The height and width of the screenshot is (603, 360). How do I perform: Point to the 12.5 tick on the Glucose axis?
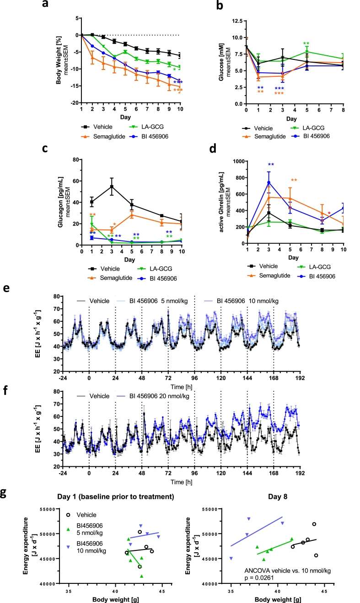236,21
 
